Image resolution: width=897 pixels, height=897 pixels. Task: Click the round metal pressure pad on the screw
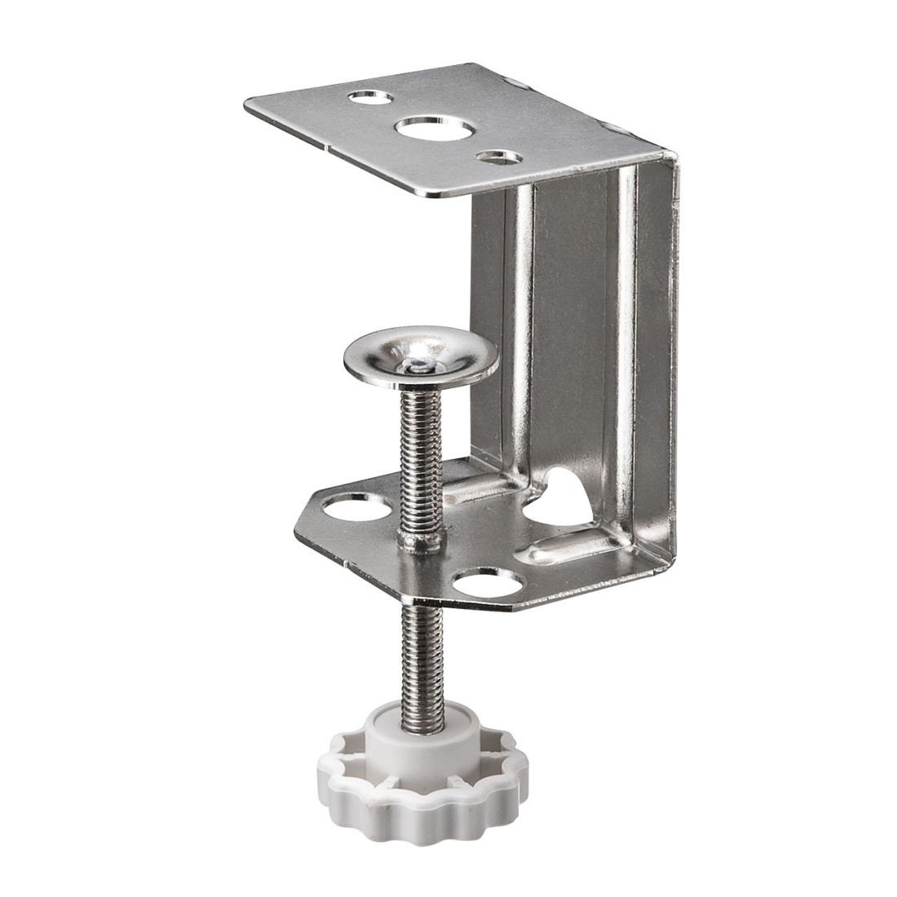[420, 356]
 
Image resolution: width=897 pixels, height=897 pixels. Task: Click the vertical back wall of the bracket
[575, 326]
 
